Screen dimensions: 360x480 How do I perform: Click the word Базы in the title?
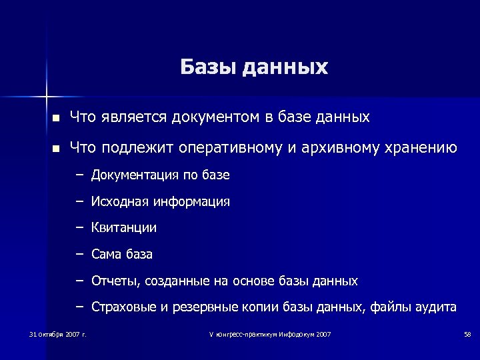(x=207, y=67)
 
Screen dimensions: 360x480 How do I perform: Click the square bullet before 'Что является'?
(x=57, y=118)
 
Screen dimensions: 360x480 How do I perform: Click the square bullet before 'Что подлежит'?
(x=57, y=148)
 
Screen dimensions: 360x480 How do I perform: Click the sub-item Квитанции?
(x=124, y=228)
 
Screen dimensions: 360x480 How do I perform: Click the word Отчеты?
(x=115, y=281)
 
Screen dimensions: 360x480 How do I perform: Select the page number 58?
(x=467, y=333)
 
